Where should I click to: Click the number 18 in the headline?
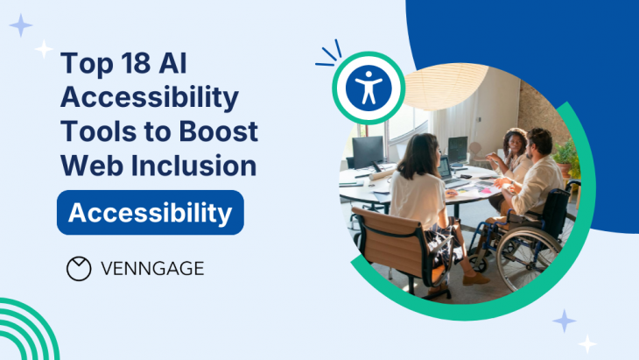(x=136, y=63)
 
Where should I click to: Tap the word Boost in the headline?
(x=218, y=131)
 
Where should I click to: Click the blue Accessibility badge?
(x=151, y=213)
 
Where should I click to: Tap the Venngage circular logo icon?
(x=79, y=269)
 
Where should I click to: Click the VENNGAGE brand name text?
(x=152, y=269)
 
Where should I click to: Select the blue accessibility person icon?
(x=369, y=88)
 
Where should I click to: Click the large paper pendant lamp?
(x=446, y=87)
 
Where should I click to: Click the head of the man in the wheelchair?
(x=538, y=144)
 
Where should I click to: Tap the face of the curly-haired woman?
(x=515, y=143)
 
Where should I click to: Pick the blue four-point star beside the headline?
(x=21, y=25)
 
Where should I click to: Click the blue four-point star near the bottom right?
(x=565, y=321)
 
